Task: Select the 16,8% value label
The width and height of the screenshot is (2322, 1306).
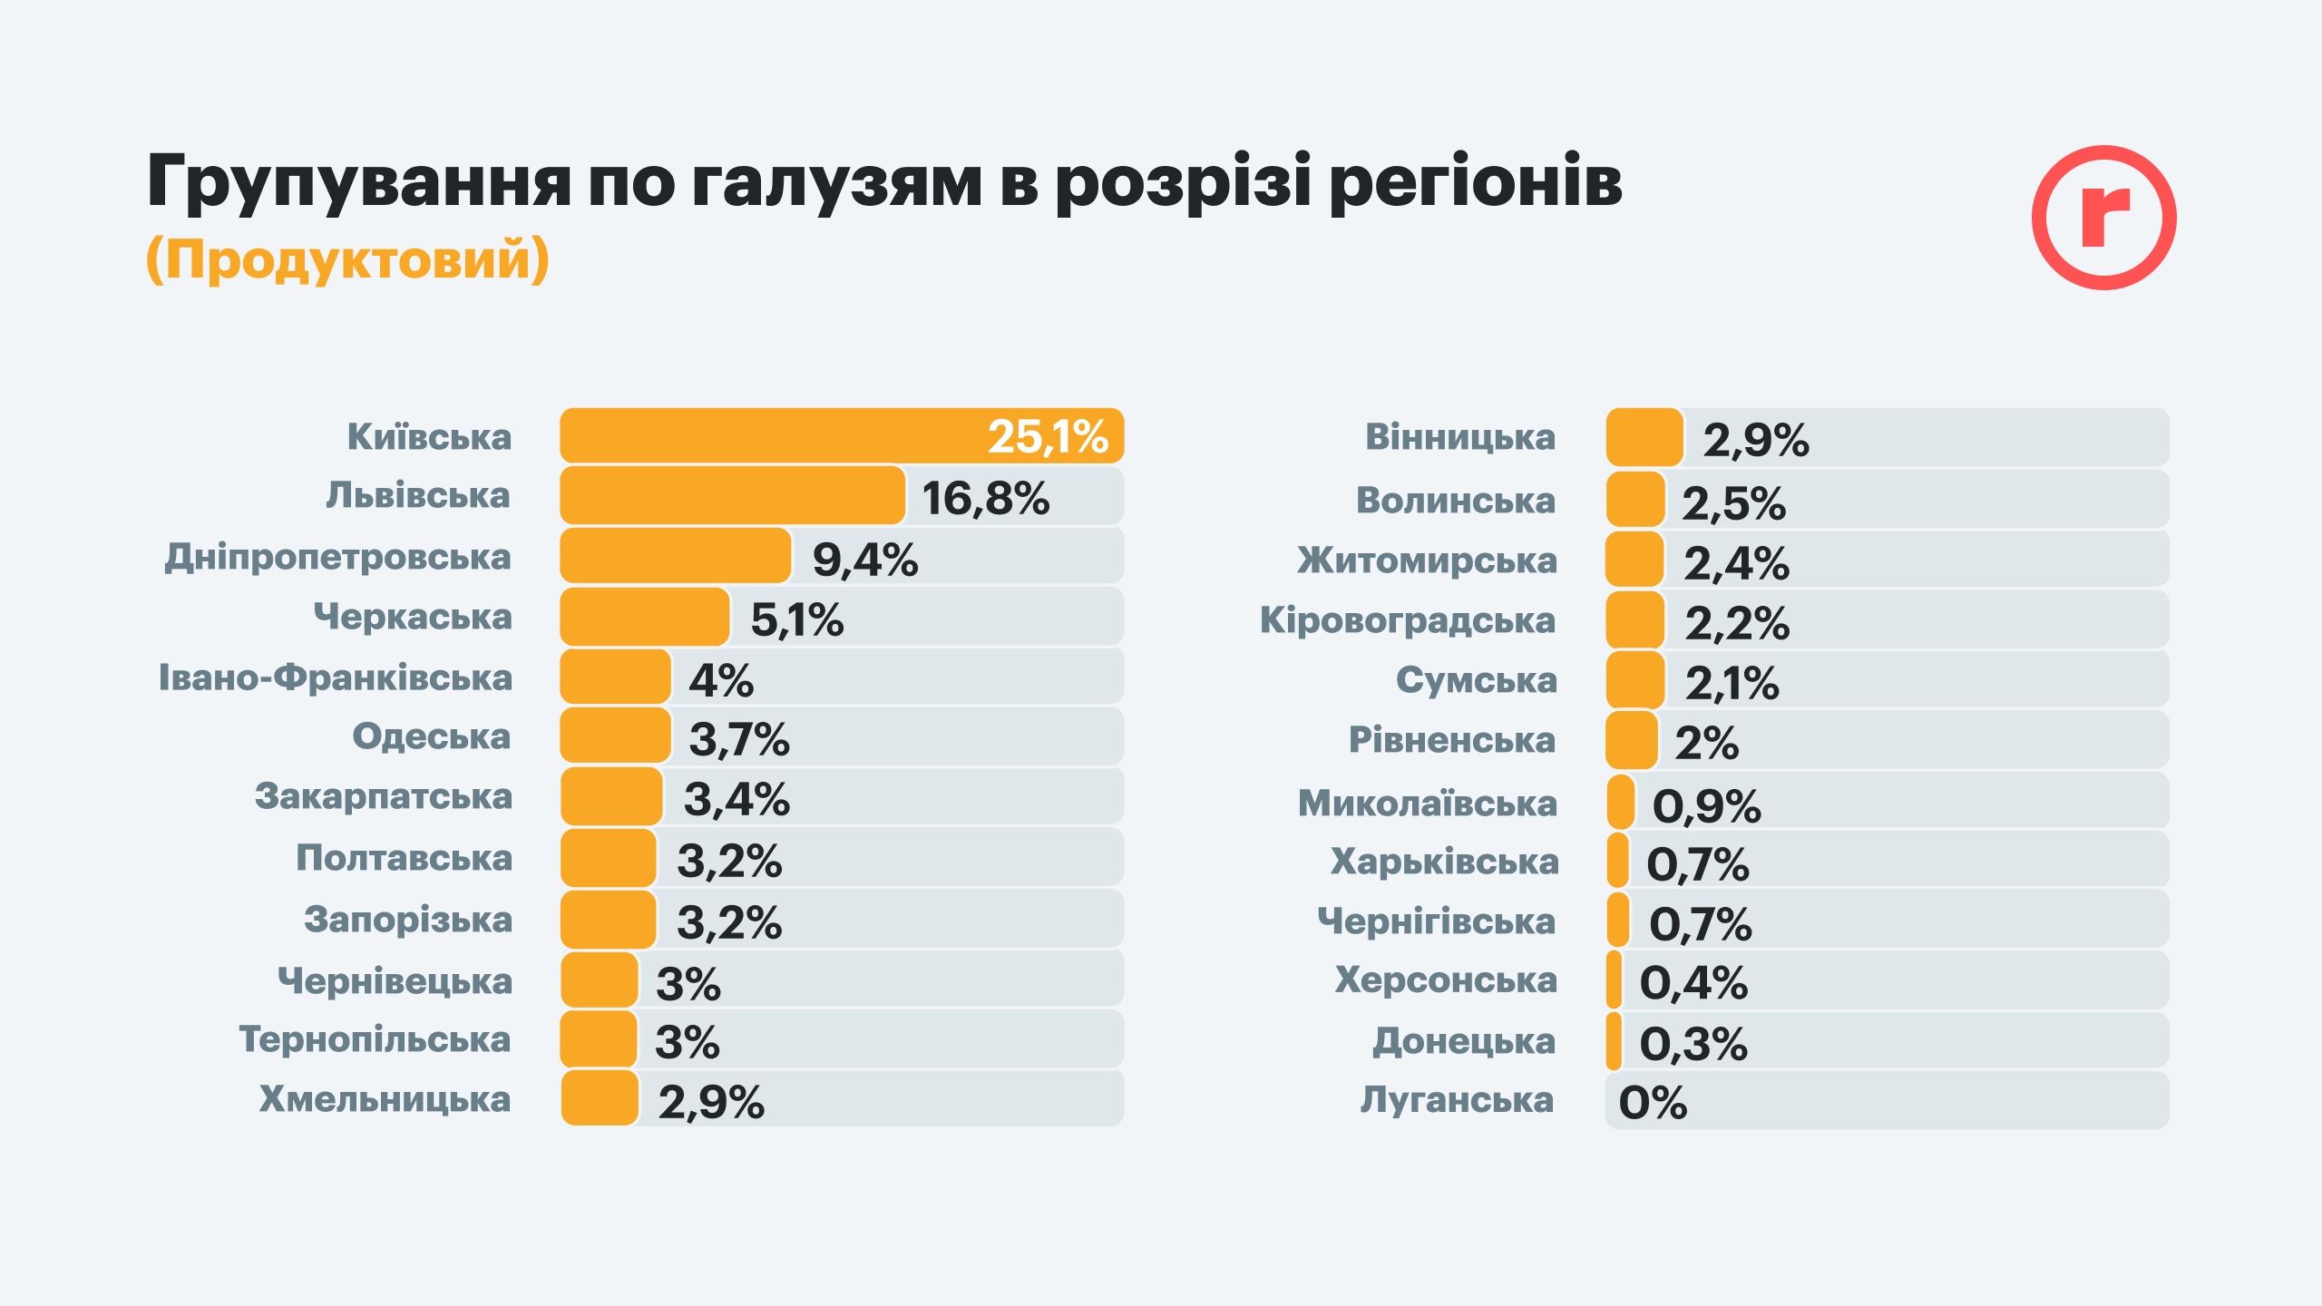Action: (985, 498)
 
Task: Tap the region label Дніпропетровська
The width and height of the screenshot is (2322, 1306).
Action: (337, 557)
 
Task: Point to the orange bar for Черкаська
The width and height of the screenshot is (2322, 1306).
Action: (644, 618)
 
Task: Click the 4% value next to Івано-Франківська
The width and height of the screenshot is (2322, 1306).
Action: (721, 680)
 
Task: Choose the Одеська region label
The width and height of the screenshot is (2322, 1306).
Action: (431, 736)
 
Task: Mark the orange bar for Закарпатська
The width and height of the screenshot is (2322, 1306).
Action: (611, 797)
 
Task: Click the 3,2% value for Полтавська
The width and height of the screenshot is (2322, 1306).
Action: (729, 861)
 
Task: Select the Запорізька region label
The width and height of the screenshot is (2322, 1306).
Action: (407, 920)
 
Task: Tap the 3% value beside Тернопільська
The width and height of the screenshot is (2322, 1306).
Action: (688, 1042)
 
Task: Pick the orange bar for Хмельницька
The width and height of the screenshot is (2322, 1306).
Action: (600, 1098)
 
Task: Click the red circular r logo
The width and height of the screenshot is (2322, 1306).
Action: (2103, 218)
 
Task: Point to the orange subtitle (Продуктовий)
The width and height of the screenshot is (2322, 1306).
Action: (347, 259)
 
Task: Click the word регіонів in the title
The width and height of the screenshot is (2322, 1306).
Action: (1476, 181)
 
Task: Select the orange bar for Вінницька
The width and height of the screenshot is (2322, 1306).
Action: (1644, 437)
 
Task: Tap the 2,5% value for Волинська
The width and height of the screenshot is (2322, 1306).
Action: (1733, 503)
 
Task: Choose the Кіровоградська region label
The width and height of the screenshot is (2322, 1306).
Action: (1407, 621)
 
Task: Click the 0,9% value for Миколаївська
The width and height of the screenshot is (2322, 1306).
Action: (1706, 806)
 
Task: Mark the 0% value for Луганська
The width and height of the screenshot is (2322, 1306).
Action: (1653, 1103)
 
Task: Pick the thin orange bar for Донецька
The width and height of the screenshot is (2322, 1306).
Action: (1614, 1041)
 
